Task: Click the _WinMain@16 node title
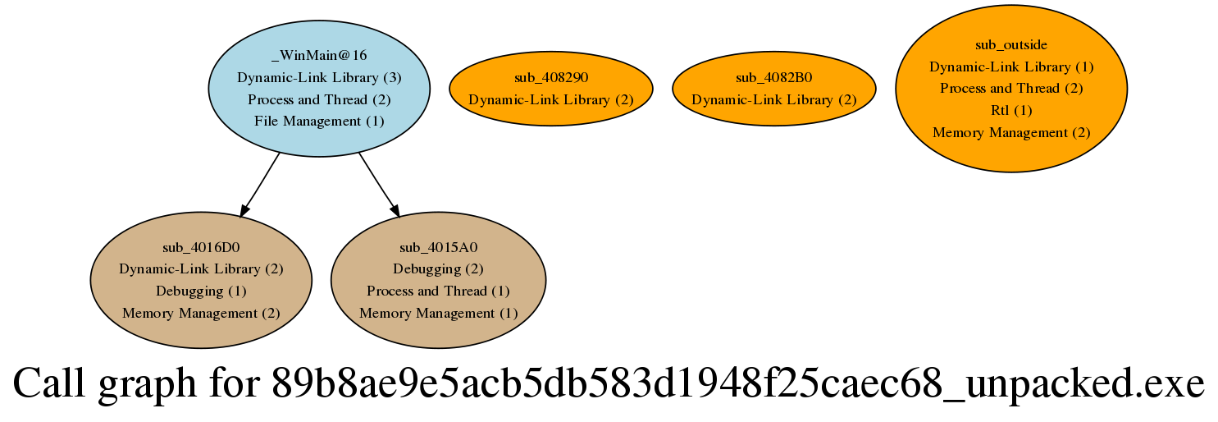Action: [319, 56]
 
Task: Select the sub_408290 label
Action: [551, 78]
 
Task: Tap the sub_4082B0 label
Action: [773, 78]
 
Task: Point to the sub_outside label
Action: [1010, 44]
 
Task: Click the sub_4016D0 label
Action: [201, 247]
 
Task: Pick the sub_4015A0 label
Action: [438, 247]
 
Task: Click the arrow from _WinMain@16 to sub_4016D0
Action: [261, 184]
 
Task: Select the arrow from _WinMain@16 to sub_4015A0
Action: [378, 184]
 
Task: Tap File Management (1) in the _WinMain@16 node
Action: [319, 122]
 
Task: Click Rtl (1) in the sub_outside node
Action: [1010, 110]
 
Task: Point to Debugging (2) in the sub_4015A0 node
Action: [438, 269]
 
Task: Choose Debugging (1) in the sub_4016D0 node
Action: [201, 291]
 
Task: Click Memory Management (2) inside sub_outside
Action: [1010, 132]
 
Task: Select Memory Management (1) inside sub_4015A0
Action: [438, 313]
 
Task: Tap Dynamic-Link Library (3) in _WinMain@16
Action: [319, 78]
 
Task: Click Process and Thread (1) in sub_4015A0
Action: [438, 291]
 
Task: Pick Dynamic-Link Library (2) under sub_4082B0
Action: [773, 99]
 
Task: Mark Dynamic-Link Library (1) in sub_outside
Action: [1010, 67]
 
